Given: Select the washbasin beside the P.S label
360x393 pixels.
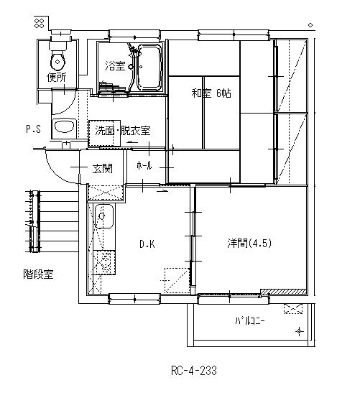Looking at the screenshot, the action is [x=65, y=126].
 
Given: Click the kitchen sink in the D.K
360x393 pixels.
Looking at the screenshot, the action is [x=103, y=216].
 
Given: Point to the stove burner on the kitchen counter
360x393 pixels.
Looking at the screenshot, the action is [x=104, y=262].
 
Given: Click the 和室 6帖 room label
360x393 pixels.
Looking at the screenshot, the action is [x=211, y=93].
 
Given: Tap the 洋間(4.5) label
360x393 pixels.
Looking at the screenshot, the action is [x=249, y=243].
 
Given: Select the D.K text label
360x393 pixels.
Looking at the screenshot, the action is [x=147, y=244].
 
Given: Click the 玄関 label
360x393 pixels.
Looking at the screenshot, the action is [x=103, y=168].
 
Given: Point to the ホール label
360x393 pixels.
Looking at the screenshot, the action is [x=144, y=165].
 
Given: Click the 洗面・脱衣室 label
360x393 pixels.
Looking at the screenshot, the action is [x=123, y=131].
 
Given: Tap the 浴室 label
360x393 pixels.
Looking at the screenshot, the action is [x=115, y=66].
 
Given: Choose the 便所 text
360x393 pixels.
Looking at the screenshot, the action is [x=57, y=77].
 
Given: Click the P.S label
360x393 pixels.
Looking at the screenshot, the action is [x=33, y=129].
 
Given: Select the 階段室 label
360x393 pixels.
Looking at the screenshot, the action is [x=38, y=274].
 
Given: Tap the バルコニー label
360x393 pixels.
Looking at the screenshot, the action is [x=250, y=321].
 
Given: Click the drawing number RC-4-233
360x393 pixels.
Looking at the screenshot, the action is [x=194, y=371].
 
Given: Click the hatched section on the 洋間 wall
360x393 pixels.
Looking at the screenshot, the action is [x=284, y=292].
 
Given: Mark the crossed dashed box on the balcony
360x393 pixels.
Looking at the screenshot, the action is [x=293, y=309].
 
